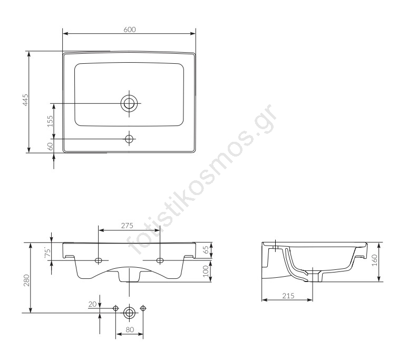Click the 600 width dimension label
(x=130, y=30)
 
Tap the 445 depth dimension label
(x=25, y=100)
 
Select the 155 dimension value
(x=50, y=121)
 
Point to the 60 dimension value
(x=50, y=146)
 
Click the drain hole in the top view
(x=129, y=103)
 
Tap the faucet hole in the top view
(x=129, y=139)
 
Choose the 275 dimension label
(x=127, y=226)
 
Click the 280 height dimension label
(x=26, y=280)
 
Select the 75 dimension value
(x=47, y=253)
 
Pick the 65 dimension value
(x=206, y=250)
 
